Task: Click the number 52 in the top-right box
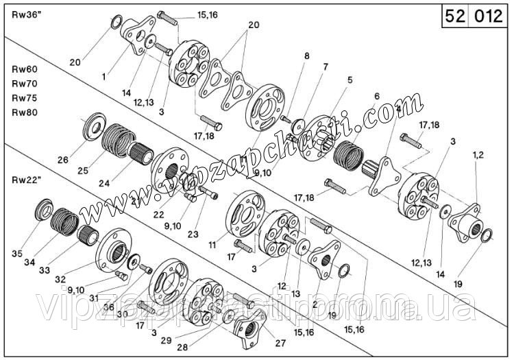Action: pyautogui.click(x=455, y=16)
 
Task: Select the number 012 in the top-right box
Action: pyautogui.click(x=489, y=16)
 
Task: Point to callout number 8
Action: pyautogui.click(x=306, y=56)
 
